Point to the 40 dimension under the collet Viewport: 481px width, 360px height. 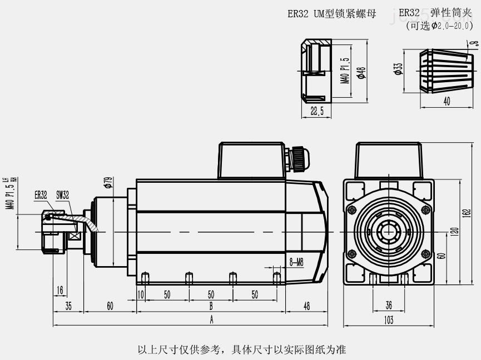tap(447, 101)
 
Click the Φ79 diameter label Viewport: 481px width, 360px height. tap(109, 183)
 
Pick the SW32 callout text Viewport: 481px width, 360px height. tap(62, 195)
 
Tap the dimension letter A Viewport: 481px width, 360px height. tap(211, 319)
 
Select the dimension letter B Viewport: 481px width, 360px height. tap(211, 306)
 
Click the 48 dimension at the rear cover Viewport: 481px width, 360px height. tap(306, 306)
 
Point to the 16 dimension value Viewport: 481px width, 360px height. tap(59, 289)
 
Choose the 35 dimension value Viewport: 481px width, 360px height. tap(68, 306)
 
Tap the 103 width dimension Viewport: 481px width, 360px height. tap(389, 319)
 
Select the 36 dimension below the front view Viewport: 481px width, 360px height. tap(389, 304)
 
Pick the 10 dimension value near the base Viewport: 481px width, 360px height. tap(141, 294)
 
